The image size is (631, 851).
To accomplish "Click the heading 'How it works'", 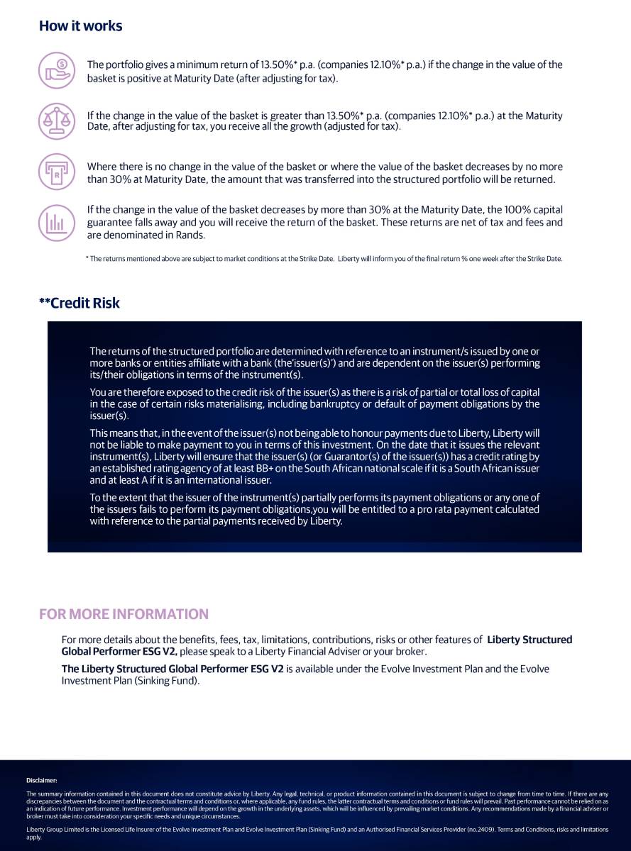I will (80, 26).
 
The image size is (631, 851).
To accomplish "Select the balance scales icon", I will (56, 121).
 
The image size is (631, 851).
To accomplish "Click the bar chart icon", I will (56, 223).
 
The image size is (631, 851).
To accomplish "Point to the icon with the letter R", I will (56, 172).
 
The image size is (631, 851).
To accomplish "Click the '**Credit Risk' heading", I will (79, 303).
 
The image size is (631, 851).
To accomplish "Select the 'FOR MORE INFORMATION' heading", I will (124, 614).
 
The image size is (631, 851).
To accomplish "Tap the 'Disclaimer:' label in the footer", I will (41, 780).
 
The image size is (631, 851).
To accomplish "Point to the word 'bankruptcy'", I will (394, 404).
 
